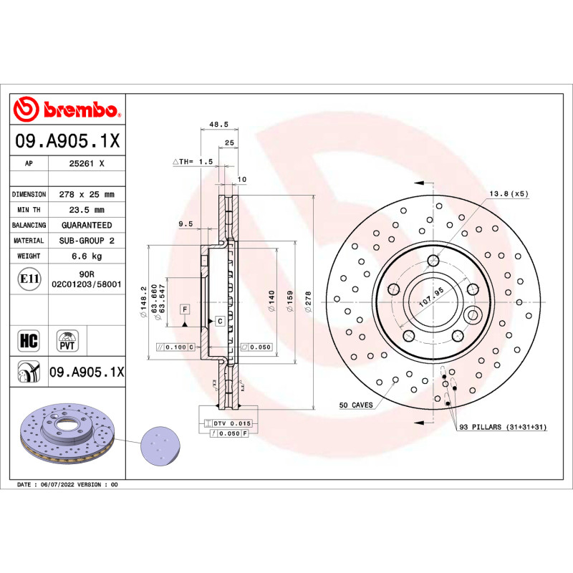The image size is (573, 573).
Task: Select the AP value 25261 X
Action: pos(86,164)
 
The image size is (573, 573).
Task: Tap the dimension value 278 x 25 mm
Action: pos(86,194)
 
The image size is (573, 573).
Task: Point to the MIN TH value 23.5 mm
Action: pos(86,210)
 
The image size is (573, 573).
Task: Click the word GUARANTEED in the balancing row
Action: pos(86,226)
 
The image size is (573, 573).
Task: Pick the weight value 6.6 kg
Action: pos(86,256)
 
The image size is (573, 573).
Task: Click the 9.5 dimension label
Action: pos(186,224)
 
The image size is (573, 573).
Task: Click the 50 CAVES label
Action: pos(356,405)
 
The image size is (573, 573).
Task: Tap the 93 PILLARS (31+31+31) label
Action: pos(503,427)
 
